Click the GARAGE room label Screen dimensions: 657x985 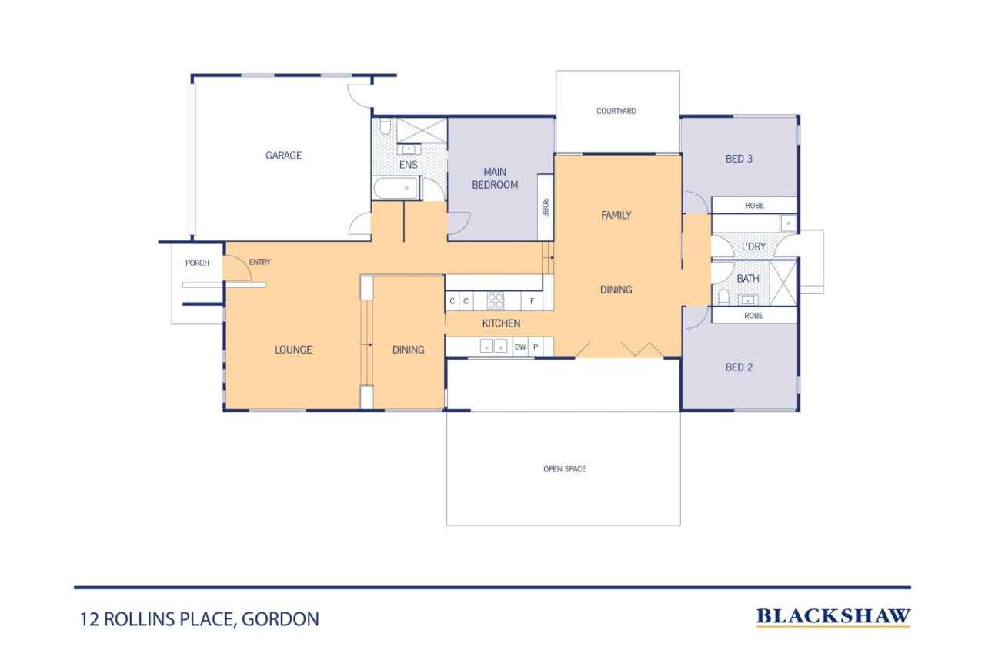pyautogui.click(x=283, y=156)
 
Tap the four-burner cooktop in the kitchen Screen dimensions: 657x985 pyautogui.click(x=496, y=301)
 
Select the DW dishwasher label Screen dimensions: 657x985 pyautogui.click(x=520, y=347)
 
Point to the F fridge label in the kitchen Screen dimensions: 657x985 pyautogui.click(x=532, y=301)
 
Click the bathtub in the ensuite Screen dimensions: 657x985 pyautogui.click(x=396, y=188)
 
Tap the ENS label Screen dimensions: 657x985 pyautogui.click(x=408, y=165)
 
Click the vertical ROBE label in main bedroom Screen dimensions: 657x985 pyautogui.click(x=545, y=208)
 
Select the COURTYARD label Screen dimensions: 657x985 pyautogui.click(x=616, y=112)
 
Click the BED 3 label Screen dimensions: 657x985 pyautogui.click(x=739, y=159)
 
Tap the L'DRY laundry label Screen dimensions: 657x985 pyautogui.click(x=753, y=246)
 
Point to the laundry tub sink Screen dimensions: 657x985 pyautogui.click(x=786, y=223)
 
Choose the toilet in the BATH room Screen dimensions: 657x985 pyautogui.click(x=723, y=297)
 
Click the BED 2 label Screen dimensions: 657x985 pyautogui.click(x=739, y=367)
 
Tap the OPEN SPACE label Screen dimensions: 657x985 pyautogui.click(x=564, y=469)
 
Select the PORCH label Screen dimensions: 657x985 pyautogui.click(x=197, y=263)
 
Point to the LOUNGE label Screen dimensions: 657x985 pyautogui.click(x=293, y=350)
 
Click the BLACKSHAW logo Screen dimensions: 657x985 pyautogui.click(x=833, y=616)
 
